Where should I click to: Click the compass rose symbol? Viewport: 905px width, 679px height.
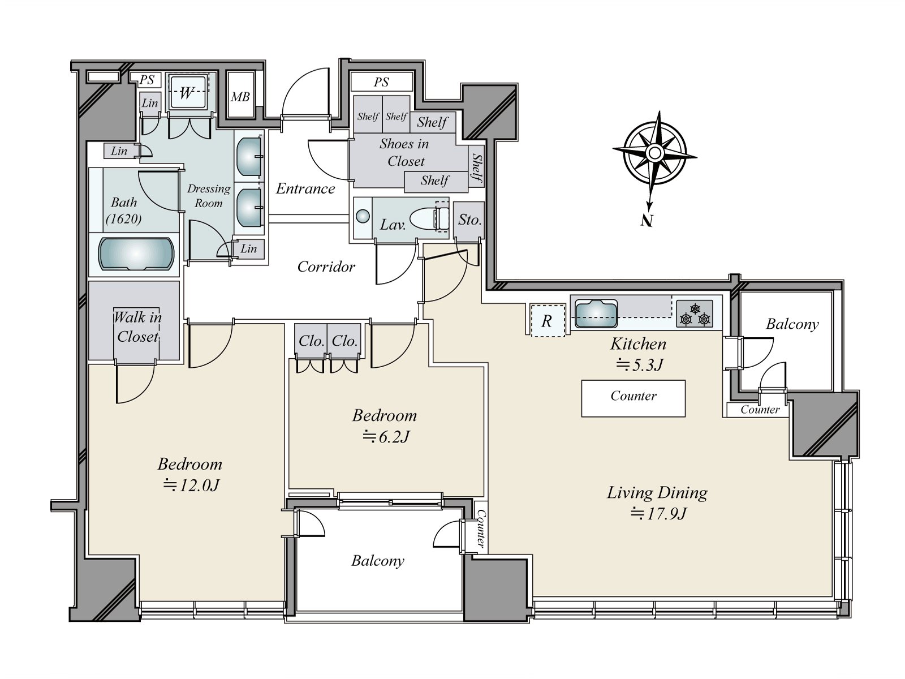point(654,153)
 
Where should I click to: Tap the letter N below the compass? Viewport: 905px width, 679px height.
point(646,221)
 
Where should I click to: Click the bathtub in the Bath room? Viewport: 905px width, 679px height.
point(136,253)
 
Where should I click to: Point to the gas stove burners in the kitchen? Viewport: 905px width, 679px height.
point(695,314)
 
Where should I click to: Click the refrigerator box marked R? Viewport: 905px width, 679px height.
point(548,321)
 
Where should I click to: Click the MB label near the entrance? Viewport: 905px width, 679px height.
point(240,97)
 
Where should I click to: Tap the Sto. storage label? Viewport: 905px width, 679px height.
point(469,220)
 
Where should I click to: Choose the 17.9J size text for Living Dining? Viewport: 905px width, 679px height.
point(658,514)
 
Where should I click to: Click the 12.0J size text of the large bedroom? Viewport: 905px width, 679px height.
point(191,485)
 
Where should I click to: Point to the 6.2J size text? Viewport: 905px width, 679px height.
point(386,436)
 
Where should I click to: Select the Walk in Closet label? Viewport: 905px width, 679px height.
point(137,326)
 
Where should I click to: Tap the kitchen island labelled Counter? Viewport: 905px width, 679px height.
point(633,398)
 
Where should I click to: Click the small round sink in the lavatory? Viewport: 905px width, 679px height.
point(363,217)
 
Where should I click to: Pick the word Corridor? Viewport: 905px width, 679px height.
point(326,267)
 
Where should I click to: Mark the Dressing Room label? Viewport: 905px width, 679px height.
point(209,196)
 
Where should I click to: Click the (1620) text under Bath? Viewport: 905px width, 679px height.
point(124,218)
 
